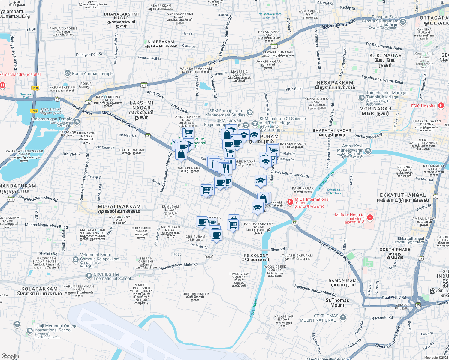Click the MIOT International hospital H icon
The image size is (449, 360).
(290, 202)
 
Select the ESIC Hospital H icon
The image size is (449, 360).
(441, 105)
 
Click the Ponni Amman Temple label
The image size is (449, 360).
(93, 73)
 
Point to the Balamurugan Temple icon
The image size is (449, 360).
(77, 121)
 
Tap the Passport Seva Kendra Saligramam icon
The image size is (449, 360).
(403, 21)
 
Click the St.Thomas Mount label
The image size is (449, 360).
(337, 303)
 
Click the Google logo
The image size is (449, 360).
(10, 356)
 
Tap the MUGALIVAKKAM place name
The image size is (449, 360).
(119, 207)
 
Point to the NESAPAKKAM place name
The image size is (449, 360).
(335, 83)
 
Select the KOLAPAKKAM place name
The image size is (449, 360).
(39, 289)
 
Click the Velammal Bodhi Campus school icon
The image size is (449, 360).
(76, 259)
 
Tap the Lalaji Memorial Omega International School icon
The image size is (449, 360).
(29, 331)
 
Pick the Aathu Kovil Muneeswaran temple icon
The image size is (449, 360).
(368, 151)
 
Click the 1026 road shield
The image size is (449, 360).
(209, 257)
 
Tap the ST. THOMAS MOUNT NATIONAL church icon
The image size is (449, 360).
(343, 317)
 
